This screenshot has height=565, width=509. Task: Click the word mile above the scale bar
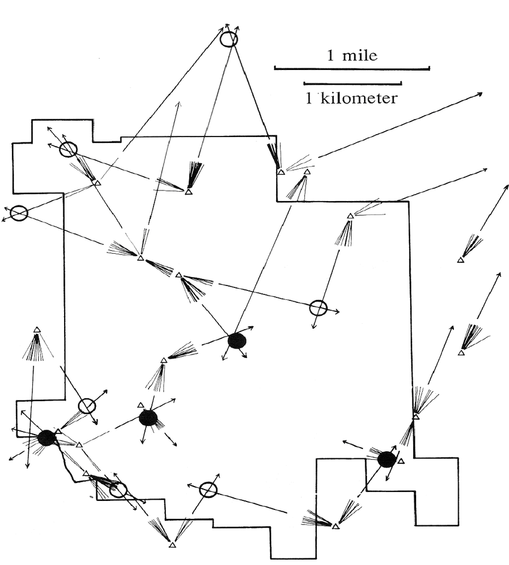click(360, 56)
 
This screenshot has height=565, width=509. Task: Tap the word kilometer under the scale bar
click(359, 99)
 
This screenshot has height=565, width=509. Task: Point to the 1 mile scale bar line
click(352, 69)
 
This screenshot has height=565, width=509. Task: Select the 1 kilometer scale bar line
click(352, 83)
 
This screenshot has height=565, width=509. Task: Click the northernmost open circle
click(229, 40)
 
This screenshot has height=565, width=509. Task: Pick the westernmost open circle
click(19, 213)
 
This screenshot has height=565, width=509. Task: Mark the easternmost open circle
click(319, 308)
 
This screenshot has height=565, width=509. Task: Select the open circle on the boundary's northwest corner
click(68, 149)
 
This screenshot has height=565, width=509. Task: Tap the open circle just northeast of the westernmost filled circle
click(87, 406)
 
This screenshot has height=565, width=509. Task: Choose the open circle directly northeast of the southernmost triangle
click(208, 489)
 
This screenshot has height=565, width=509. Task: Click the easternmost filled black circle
click(387, 459)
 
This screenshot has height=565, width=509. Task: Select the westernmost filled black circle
click(47, 438)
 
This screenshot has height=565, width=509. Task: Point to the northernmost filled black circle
click(237, 341)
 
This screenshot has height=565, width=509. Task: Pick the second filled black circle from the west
click(148, 418)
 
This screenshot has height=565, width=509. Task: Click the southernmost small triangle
click(172, 545)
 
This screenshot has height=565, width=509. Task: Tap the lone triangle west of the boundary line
click(37, 330)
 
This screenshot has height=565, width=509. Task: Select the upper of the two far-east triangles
click(460, 260)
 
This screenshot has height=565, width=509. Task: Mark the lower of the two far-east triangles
click(461, 353)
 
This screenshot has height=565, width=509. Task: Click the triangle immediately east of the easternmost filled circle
click(401, 461)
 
